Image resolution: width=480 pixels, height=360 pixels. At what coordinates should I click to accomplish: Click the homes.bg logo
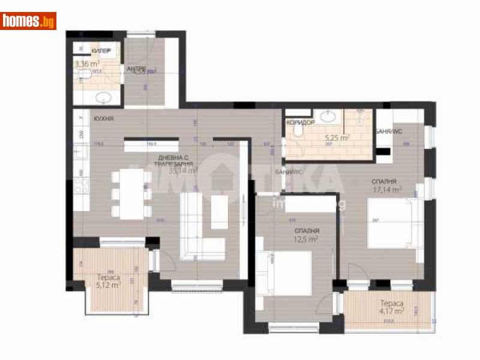29,21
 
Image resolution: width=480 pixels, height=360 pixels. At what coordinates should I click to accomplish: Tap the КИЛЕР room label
101,51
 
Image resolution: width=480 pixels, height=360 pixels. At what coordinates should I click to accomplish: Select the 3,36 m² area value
86,63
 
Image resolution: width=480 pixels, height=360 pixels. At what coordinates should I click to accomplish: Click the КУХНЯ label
104,119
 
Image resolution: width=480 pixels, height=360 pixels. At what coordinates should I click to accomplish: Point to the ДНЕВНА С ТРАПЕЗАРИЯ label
173,160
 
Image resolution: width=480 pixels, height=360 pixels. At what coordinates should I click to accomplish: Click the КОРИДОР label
299,122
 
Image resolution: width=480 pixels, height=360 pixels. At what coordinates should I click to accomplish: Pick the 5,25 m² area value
336,137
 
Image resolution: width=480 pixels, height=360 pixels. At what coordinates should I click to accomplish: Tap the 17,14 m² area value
386,190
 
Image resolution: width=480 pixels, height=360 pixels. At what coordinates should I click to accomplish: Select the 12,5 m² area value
306,239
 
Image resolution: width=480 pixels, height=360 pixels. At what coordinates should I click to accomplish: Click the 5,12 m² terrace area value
109,285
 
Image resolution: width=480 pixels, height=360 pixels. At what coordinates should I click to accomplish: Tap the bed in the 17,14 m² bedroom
389,223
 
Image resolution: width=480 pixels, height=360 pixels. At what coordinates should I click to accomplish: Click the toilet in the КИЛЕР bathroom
85,74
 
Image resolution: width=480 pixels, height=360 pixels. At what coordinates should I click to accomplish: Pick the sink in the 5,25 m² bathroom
329,116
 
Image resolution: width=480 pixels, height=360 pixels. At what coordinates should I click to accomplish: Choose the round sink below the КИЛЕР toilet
100,96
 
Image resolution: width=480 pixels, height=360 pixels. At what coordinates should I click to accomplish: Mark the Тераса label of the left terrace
109,277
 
